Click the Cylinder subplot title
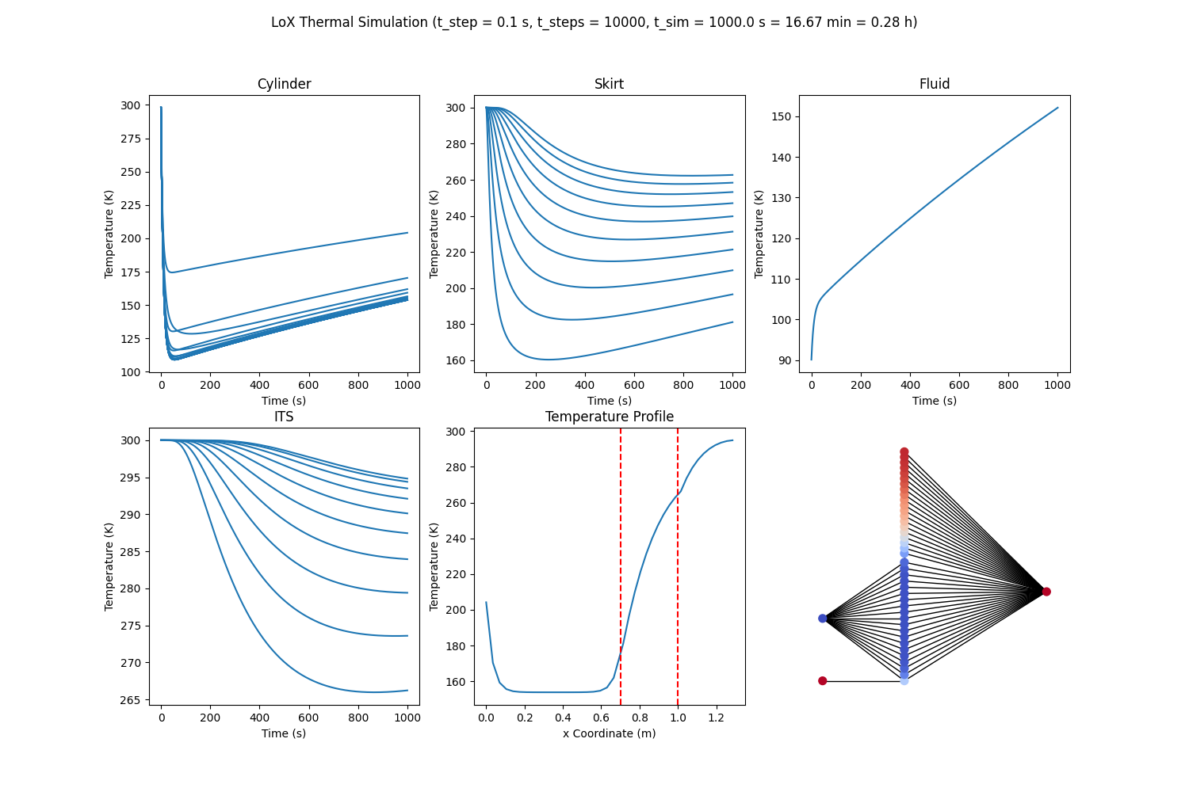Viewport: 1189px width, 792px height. (x=284, y=84)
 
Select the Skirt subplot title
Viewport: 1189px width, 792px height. (x=609, y=84)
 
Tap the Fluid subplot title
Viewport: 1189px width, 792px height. (x=934, y=84)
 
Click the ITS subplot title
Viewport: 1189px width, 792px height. (x=284, y=417)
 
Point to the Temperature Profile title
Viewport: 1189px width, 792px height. (x=609, y=417)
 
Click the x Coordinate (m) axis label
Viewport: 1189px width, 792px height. (x=609, y=733)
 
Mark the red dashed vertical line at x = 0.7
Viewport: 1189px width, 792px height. (x=621, y=554)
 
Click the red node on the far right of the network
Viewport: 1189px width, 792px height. (x=1046, y=592)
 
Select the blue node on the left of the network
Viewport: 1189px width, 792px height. (x=822, y=619)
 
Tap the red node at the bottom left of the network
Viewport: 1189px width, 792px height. (x=822, y=681)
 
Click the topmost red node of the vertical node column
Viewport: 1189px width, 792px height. (x=904, y=451)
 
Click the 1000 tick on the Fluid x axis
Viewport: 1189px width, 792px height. (x=1057, y=385)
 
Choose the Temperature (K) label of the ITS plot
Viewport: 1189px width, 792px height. (x=109, y=566)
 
